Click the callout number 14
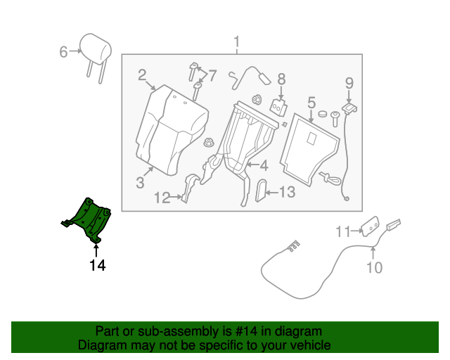click(97, 266)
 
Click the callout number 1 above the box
click(236, 40)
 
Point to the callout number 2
click(142, 75)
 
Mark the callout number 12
click(162, 198)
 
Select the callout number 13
click(287, 192)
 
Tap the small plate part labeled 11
click(370, 225)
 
